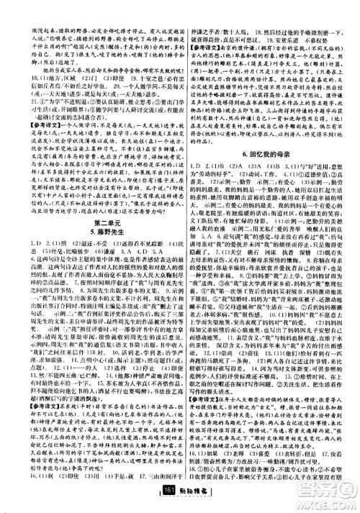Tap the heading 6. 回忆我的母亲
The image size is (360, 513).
point(270,175)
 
